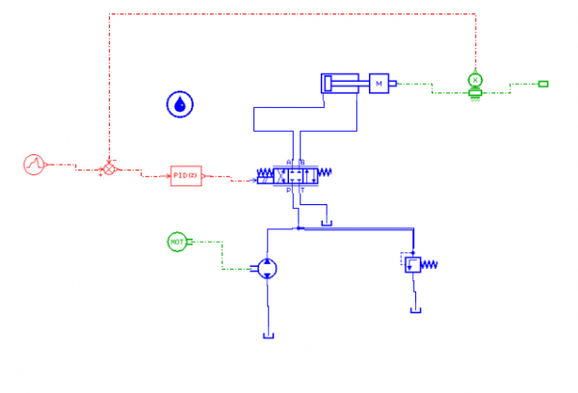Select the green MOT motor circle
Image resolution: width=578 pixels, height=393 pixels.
coord(177,242)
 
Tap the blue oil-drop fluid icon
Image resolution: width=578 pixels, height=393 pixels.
coord(179,104)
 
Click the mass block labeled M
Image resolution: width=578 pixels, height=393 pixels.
coord(380,84)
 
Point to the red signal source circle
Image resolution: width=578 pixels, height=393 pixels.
coord(35,164)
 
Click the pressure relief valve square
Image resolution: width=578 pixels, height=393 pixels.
coord(412,262)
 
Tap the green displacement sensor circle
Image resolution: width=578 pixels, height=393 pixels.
coord(474,79)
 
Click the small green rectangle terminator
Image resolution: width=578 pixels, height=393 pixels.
coord(543,84)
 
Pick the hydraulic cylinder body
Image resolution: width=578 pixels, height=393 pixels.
coord(343,84)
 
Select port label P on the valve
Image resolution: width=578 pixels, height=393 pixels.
coord(289,191)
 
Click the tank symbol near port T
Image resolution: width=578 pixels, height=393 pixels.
coord(327,224)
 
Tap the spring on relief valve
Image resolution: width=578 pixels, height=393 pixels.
coord(431,264)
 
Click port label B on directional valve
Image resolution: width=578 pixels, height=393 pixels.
coord(302,162)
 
